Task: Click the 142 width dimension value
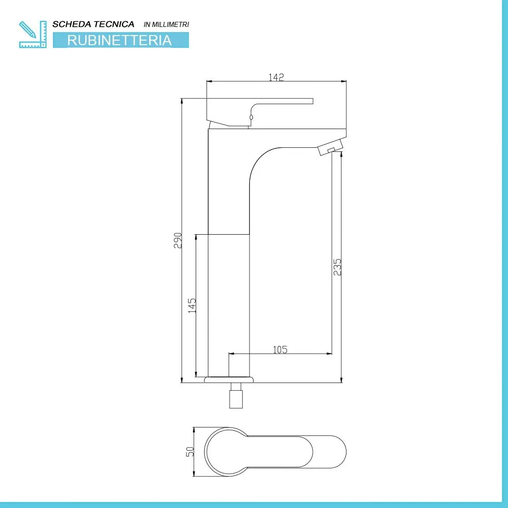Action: tap(276, 77)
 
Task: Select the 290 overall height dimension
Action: tap(178, 240)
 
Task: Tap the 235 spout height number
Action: tap(337, 267)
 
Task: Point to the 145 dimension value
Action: tap(192, 305)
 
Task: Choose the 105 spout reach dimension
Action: tap(280, 349)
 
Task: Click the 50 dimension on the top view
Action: tap(190, 451)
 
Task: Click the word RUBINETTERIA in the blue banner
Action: tap(120, 41)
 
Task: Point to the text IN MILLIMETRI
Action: tap(167, 24)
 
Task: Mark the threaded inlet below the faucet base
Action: tap(236, 396)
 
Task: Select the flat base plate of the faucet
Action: tap(229, 379)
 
